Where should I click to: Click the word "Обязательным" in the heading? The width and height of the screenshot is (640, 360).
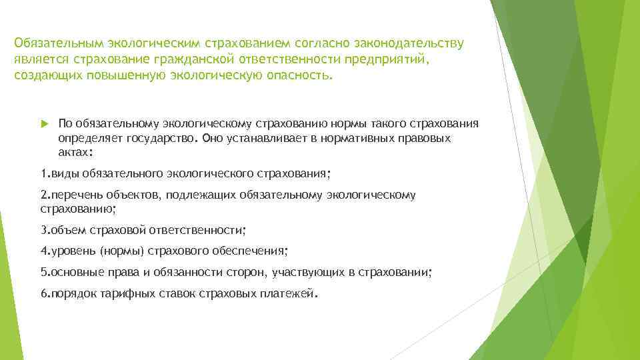pyautogui.click(x=55, y=43)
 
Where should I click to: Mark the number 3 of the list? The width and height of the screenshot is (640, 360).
pyautogui.click(x=43, y=230)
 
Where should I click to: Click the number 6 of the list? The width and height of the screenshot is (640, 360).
pyautogui.click(x=43, y=294)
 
